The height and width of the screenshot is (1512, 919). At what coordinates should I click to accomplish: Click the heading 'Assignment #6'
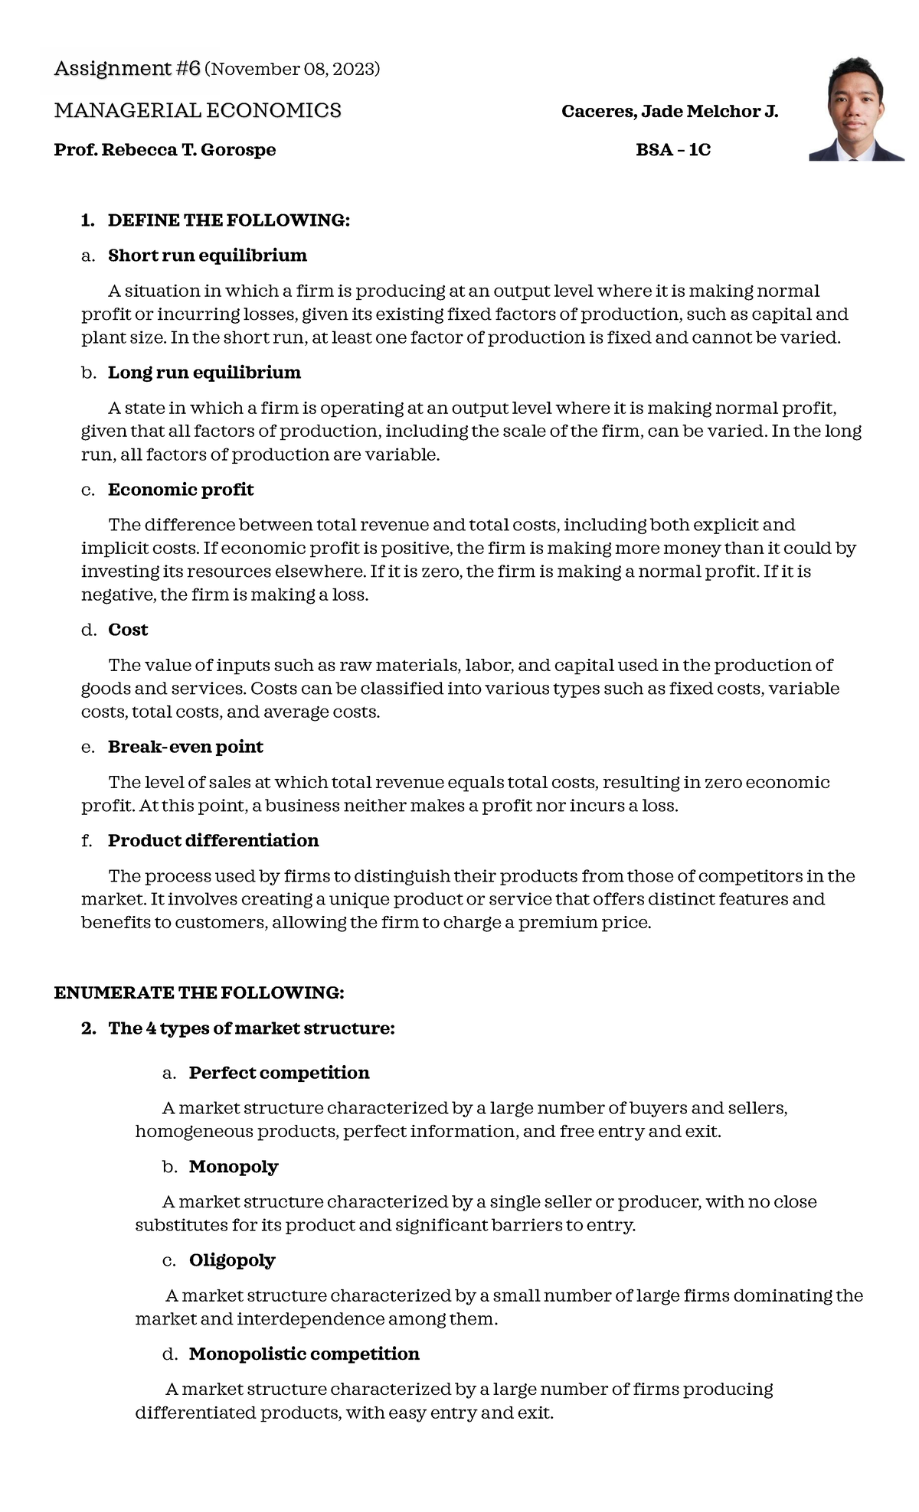pos(127,69)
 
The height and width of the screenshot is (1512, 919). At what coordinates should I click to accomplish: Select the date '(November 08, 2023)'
pos(293,70)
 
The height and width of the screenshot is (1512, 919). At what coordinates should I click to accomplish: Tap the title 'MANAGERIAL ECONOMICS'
pos(198,111)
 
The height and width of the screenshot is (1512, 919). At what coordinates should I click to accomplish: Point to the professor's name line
pos(165,150)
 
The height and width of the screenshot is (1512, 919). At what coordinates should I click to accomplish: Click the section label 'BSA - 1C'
pos(673,150)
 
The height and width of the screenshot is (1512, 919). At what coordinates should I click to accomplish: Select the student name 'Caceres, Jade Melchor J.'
pos(669,112)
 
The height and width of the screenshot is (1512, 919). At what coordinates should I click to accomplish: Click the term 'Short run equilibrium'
pos(207,256)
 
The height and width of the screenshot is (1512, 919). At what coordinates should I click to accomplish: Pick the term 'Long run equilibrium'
pos(204,373)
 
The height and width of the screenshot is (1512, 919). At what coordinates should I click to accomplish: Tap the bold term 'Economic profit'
pos(181,490)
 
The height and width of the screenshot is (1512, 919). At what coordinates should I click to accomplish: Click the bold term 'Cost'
pos(128,630)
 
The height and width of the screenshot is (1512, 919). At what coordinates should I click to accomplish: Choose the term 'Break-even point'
pos(185,747)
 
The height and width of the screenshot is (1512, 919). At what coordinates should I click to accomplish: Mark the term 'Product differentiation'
pos(213,841)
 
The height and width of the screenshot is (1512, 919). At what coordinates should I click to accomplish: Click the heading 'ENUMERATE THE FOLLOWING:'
pos(199,993)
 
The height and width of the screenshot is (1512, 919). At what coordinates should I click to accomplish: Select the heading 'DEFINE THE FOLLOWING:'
pos(228,220)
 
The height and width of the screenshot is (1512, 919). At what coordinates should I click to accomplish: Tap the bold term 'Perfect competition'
pos(279,1073)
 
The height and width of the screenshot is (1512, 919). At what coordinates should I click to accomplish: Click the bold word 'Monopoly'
pos(234,1167)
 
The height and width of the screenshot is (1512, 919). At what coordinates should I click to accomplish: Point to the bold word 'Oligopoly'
pos(232,1260)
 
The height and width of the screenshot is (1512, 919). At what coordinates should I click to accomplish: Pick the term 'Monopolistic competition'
pos(304,1354)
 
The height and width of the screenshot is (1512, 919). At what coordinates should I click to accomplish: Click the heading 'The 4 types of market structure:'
pos(251,1028)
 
